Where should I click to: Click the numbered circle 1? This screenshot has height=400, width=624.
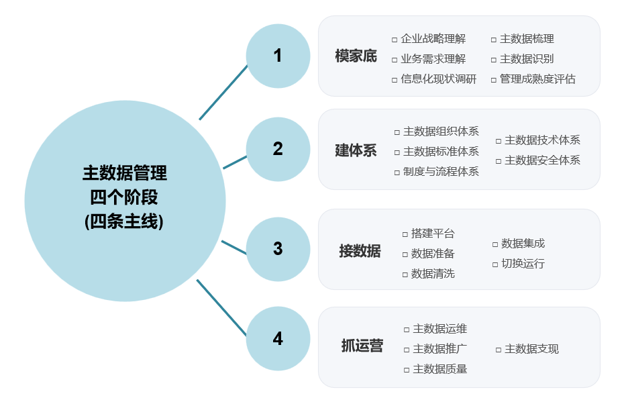278,56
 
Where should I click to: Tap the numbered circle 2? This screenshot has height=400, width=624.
278,149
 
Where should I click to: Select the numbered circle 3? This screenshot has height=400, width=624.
278,249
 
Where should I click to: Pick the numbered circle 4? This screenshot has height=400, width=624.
278,339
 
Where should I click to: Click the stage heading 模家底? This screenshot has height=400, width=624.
356,56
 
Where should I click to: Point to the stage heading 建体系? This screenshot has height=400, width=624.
356,150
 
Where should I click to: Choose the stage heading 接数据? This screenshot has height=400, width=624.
360,251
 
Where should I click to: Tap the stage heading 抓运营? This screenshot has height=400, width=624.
362,346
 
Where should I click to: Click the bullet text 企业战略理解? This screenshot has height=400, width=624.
433,39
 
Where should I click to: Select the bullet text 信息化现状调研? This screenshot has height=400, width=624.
438,79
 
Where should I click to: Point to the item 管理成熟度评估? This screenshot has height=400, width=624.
537,79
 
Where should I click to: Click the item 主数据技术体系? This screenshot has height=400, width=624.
542,140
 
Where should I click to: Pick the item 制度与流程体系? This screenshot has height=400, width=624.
441,171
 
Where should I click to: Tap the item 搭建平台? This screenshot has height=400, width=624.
433,234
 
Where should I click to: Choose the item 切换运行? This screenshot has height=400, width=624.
523,263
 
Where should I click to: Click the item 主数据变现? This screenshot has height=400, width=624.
531,349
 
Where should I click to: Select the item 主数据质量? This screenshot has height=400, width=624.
440,368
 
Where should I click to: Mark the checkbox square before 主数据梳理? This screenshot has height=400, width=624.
494,40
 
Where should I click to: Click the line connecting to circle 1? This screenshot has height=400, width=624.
223,92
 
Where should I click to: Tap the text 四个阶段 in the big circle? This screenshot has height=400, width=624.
125,197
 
